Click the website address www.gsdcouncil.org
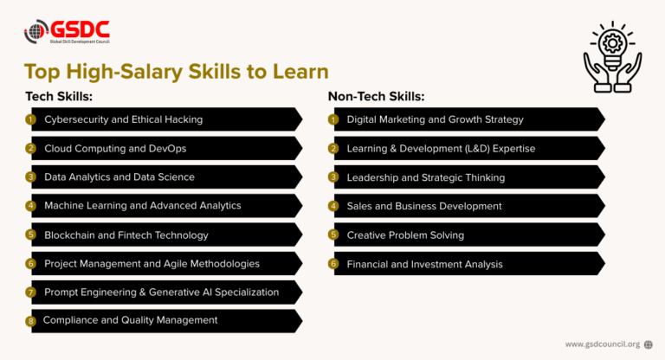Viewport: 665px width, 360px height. coord(603,344)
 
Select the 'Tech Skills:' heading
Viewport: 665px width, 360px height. coord(58,96)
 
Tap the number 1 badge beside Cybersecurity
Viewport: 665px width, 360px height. coord(30,119)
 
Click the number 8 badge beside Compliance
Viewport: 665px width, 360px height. coord(30,321)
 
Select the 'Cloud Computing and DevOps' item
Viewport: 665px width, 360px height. coord(115,148)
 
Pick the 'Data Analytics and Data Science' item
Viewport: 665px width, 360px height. coord(119,177)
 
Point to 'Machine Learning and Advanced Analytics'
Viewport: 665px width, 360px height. coord(143,205)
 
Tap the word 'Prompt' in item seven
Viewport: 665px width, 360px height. coord(62,292)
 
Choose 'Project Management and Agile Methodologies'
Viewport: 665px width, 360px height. coord(152,263)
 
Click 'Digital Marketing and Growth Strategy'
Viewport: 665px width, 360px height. coord(435,119)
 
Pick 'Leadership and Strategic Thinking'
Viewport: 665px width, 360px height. coord(425,177)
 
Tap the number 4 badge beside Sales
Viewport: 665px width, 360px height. coord(333,206)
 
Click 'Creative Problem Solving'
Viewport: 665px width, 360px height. coord(405,235)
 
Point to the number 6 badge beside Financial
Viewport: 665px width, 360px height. coord(333,263)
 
